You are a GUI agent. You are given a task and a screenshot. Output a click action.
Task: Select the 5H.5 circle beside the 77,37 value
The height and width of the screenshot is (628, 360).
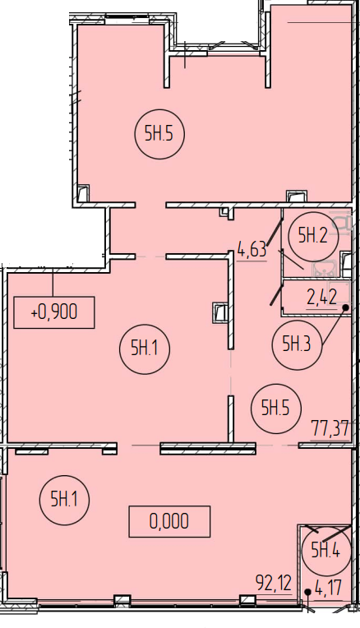275,409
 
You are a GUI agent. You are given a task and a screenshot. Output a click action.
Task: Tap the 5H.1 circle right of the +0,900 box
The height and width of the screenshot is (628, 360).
145,349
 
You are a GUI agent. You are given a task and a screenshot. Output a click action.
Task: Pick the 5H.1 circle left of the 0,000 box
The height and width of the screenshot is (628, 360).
64,500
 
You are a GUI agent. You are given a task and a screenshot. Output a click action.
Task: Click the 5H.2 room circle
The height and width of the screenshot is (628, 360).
313,237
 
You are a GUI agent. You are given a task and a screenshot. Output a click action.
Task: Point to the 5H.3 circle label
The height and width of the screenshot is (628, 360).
297,344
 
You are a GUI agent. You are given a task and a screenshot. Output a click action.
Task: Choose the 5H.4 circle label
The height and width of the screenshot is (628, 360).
326,551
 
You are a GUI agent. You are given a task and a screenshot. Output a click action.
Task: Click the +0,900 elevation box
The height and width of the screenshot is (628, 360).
54,312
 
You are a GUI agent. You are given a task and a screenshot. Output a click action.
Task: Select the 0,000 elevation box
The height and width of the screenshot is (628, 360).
169,521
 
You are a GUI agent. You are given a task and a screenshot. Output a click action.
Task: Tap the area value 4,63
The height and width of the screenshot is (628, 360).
252,250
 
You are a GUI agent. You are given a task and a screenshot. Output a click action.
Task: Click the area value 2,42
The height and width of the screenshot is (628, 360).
322,298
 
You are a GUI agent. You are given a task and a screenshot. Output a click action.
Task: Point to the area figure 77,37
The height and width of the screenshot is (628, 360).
330,429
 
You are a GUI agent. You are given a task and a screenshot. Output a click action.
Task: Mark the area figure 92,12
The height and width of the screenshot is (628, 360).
274,584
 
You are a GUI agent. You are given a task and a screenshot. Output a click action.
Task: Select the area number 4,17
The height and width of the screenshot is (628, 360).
329,588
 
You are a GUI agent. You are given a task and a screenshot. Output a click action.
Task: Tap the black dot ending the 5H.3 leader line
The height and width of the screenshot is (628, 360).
345,307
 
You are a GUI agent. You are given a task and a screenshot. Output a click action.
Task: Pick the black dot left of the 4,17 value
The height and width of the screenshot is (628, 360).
307,592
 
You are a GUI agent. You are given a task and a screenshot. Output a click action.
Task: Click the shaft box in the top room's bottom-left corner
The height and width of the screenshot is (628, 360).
83,193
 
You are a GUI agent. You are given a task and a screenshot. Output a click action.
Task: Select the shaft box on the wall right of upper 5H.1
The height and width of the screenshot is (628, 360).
219,312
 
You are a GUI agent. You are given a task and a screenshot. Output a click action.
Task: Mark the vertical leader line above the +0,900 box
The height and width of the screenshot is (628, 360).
53,283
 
